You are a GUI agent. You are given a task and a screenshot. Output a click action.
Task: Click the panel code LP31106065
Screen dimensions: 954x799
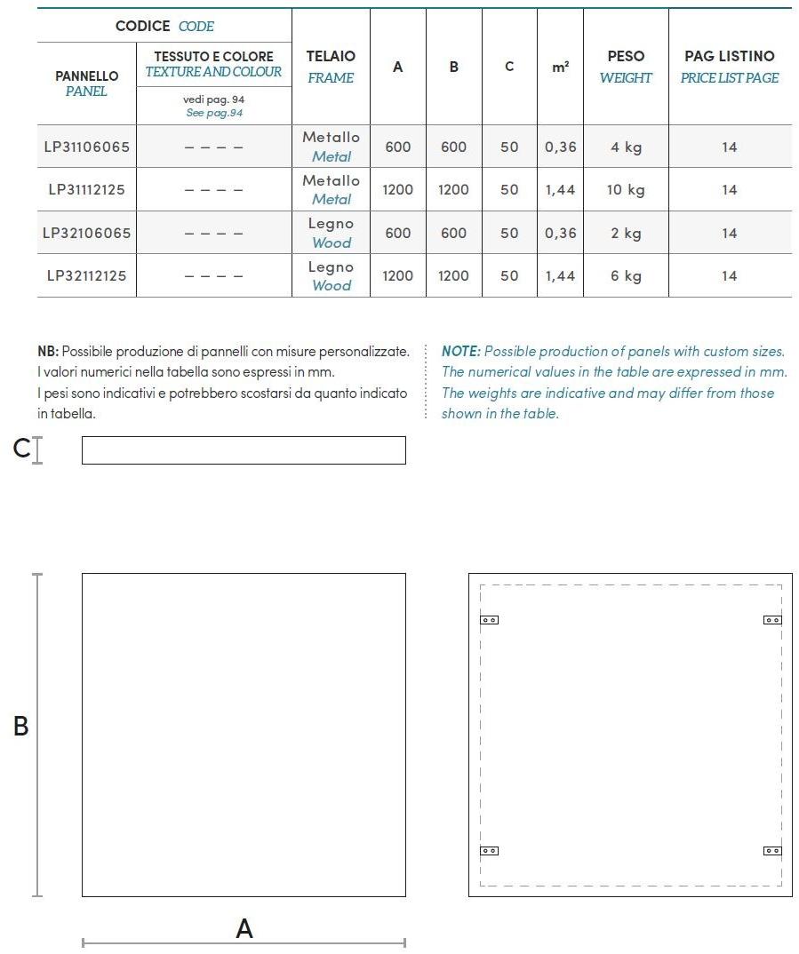(86, 147)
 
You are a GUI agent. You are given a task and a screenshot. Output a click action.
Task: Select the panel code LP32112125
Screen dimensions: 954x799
(86, 275)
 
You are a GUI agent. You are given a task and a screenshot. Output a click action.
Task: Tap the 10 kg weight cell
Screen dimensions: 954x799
(626, 189)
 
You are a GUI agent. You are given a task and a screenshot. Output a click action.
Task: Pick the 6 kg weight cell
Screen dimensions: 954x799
(626, 275)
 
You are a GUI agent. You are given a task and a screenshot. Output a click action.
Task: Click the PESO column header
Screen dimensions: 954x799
(626, 56)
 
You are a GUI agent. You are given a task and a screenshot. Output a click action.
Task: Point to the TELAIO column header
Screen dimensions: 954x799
(331, 56)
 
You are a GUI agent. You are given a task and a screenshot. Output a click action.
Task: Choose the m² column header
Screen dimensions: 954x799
(560, 67)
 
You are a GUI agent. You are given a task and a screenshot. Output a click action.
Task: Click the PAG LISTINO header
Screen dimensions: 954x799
(729, 56)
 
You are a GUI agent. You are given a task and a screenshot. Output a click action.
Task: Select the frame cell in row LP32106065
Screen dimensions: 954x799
(331, 233)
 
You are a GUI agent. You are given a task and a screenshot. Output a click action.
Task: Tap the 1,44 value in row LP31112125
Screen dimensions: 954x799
(560, 189)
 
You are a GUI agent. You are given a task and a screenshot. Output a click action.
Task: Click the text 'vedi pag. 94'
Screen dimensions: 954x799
(213, 99)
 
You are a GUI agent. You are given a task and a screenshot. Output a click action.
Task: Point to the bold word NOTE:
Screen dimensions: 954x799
(460, 352)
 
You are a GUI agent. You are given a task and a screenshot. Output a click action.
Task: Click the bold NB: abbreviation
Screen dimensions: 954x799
(48, 352)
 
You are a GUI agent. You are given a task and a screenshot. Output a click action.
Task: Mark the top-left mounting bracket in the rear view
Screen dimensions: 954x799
(489, 620)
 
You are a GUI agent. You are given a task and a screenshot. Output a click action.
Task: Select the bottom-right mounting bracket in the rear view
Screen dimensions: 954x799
(772, 851)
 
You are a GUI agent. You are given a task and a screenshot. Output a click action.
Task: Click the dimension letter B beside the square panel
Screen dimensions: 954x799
(20, 727)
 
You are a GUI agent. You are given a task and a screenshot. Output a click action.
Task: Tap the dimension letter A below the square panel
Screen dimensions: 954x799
(244, 928)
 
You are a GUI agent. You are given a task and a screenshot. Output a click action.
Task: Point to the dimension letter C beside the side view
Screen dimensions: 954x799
(21, 449)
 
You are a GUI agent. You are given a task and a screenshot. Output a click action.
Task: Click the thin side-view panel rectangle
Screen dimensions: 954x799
(244, 450)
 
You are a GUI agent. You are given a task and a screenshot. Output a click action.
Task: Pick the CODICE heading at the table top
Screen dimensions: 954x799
(143, 26)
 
